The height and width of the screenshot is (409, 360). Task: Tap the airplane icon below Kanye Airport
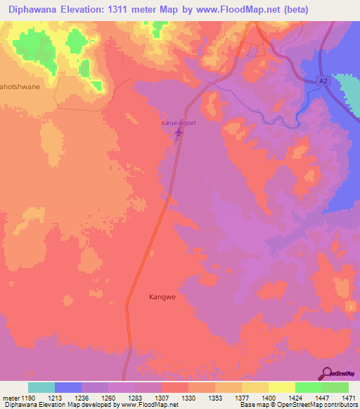tap(178, 131)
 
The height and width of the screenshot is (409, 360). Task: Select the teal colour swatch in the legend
tap(41, 387)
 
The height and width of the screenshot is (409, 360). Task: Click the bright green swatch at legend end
tap(335, 387)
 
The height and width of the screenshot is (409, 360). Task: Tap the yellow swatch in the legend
tap(282, 387)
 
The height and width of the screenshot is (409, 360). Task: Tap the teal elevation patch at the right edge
tap(349, 94)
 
